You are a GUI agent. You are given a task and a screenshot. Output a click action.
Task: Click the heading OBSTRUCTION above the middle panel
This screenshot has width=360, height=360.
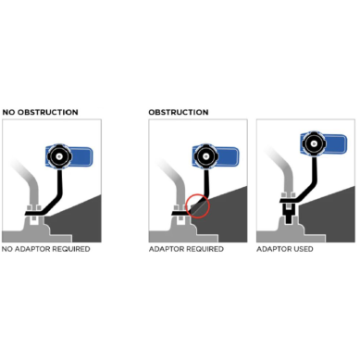tap(178, 112)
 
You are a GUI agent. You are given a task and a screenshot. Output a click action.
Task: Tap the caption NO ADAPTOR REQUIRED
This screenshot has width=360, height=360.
tap(45, 249)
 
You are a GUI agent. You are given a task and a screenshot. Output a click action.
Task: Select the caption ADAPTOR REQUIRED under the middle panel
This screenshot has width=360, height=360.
tap(183, 249)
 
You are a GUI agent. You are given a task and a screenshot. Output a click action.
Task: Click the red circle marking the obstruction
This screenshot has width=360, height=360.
tap(197, 205)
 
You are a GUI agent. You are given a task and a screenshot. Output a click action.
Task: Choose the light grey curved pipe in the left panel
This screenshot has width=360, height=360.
tap(23, 180)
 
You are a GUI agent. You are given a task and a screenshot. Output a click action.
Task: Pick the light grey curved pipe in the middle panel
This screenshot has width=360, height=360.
tap(168, 180)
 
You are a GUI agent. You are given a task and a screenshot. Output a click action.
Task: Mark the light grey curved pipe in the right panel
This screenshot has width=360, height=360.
tap(277, 176)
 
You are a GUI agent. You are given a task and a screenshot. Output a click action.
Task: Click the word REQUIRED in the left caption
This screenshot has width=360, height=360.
tap(69, 249)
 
